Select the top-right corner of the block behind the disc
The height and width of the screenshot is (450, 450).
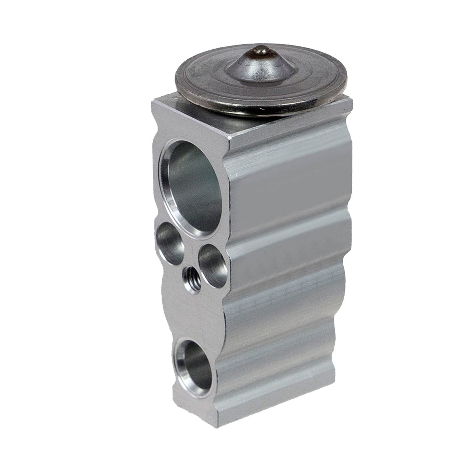click(351, 103)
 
